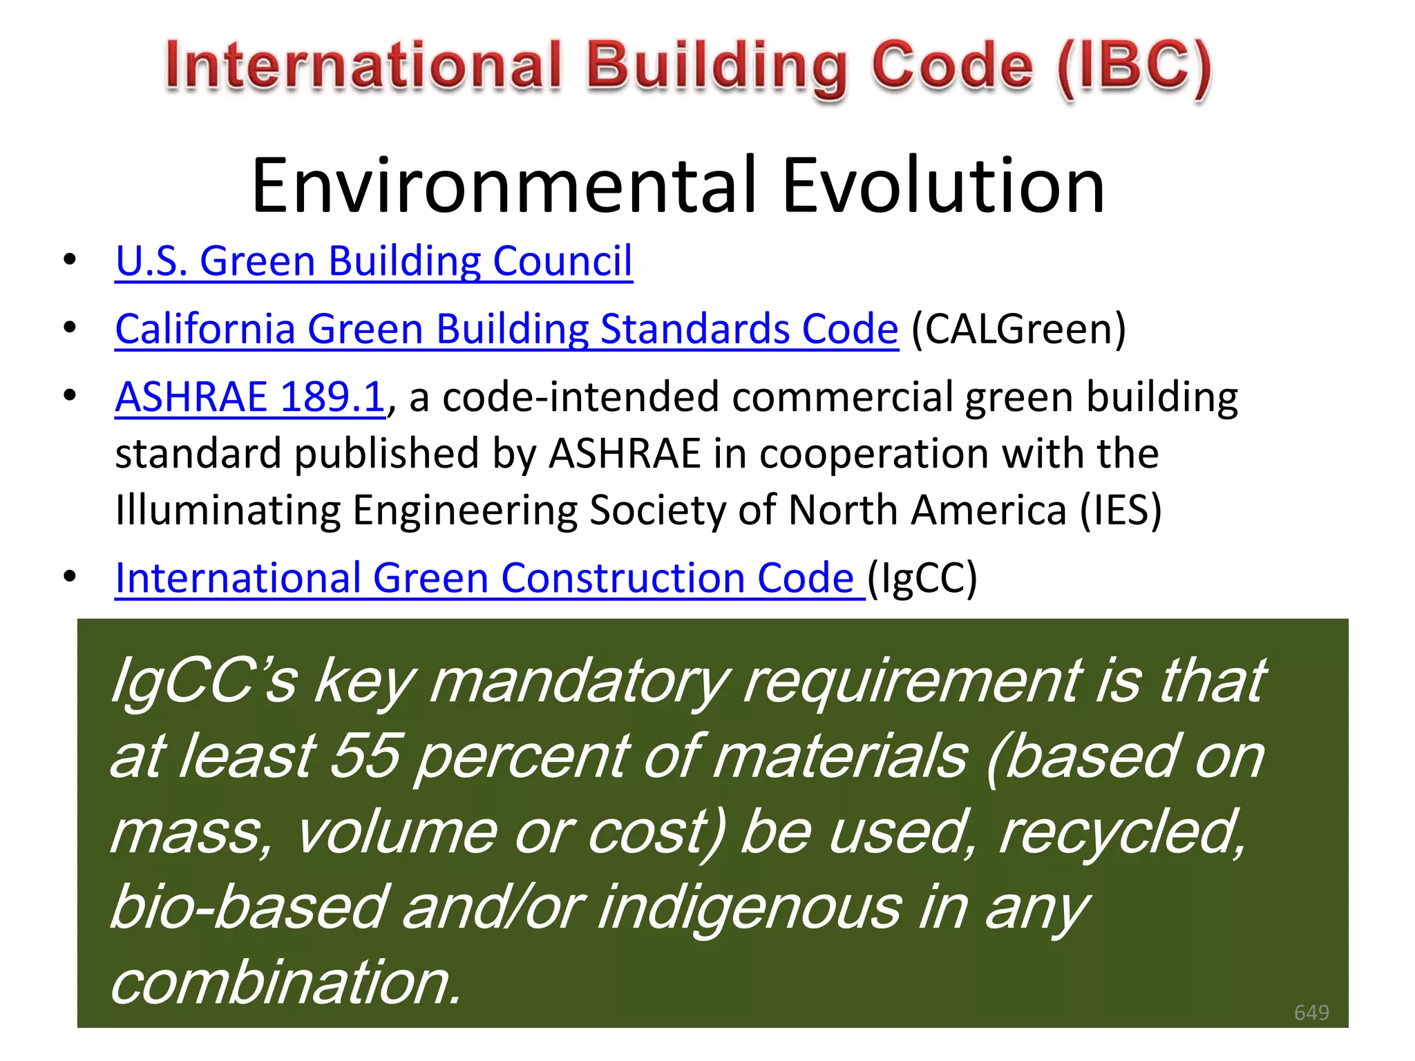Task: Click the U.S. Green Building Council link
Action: (374, 261)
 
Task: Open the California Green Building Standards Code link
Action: (506, 329)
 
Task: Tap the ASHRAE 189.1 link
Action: (249, 397)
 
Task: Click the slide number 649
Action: (1311, 1012)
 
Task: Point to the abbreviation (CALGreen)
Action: (1018, 329)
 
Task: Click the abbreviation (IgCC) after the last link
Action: (922, 578)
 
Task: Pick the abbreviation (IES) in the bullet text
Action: (1121, 510)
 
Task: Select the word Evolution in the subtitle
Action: (943, 185)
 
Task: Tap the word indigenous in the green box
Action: (750, 907)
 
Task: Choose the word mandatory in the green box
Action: (579, 681)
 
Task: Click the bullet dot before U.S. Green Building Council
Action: (70, 260)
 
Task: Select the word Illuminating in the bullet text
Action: (227, 510)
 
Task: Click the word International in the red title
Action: (363, 66)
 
